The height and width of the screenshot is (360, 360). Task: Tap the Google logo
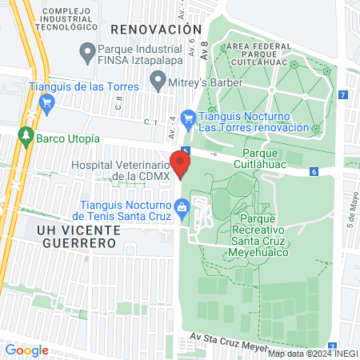coord(26,350)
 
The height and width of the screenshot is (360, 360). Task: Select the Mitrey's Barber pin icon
coord(158,81)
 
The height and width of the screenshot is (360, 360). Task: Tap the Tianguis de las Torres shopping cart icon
coord(46,102)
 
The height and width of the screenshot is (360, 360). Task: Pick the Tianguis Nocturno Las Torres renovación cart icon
coord(188,118)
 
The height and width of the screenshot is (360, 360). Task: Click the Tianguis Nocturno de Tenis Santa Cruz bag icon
coord(182,208)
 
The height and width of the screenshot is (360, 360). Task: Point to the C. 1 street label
coord(150,122)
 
